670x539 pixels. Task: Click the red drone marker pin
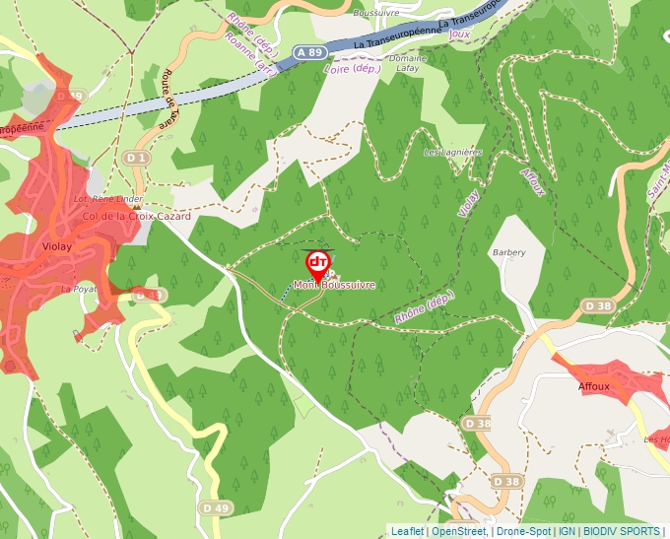(317, 263)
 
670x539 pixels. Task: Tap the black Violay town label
(58, 248)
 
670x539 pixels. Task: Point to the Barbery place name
(508, 252)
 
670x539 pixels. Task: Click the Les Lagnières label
(452, 153)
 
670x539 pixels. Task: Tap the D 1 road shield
(136, 158)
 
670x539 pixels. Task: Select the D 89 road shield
(72, 96)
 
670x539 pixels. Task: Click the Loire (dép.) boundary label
(352, 68)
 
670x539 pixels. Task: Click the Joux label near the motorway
(458, 34)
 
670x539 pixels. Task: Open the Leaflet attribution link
(407, 531)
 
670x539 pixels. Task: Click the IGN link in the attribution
(567, 531)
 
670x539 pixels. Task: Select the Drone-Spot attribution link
(523, 531)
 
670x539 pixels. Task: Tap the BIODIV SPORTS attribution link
(620, 531)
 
